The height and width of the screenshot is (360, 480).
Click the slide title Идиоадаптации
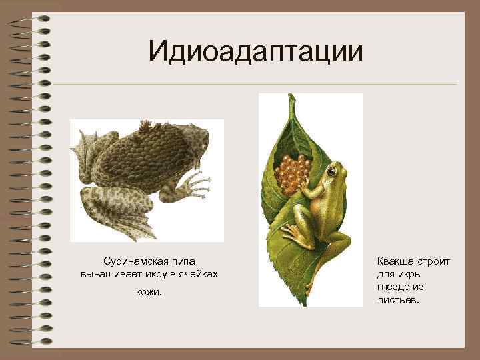pyautogui.click(x=257, y=51)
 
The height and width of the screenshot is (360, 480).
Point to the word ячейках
pyautogui.click(x=198, y=274)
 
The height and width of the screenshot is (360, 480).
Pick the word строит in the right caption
pyautogui.click(x=433, y=261)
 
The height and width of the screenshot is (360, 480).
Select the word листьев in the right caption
pyautogui.click(x=399, y=300)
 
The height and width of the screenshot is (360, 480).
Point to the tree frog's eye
pyautogui.click(x=331, y=171)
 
